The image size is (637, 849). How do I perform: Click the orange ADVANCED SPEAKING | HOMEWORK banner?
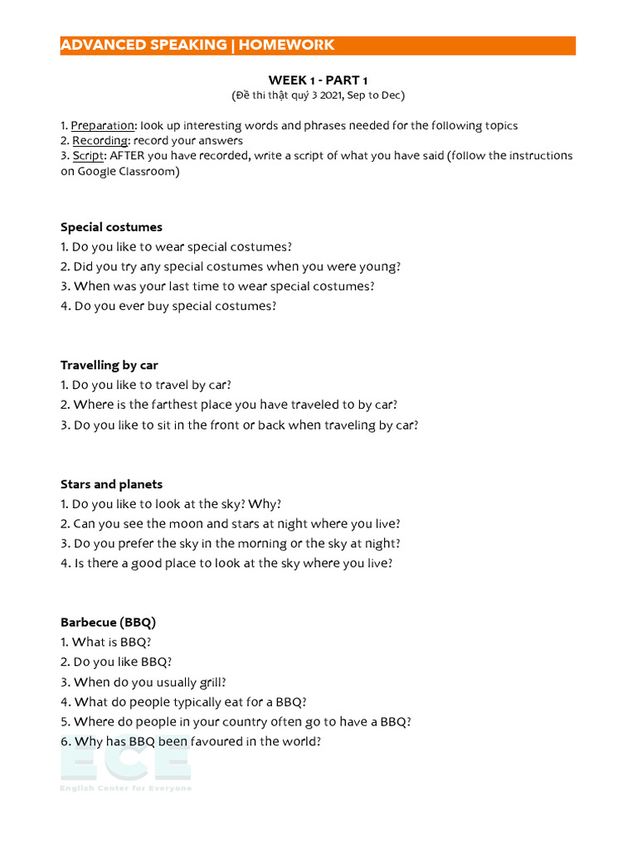tap(318, 46)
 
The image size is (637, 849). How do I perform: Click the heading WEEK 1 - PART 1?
tap(318, 80)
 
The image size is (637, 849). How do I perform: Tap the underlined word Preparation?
tap(102, 125)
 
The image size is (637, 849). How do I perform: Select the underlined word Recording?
tap(100, 140)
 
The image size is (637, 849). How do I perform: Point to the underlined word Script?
tap(89, 155)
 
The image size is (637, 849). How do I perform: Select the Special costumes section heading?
tap(111, 227)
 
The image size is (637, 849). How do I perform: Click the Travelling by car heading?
tap(109, 365)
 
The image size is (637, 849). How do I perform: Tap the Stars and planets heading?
tap(111, 484)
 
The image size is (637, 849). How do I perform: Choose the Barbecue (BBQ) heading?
tap(108, 622)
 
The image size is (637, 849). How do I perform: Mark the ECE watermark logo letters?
tap(125, 760)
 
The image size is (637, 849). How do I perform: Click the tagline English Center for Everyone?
tap(125, 788)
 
